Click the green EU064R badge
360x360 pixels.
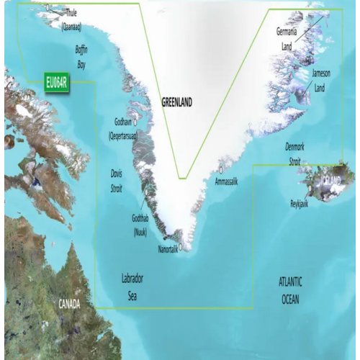[55, 82]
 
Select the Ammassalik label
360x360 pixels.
[226, 181]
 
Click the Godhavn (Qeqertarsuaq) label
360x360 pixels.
[123, 129]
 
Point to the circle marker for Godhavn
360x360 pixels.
[135, 122]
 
